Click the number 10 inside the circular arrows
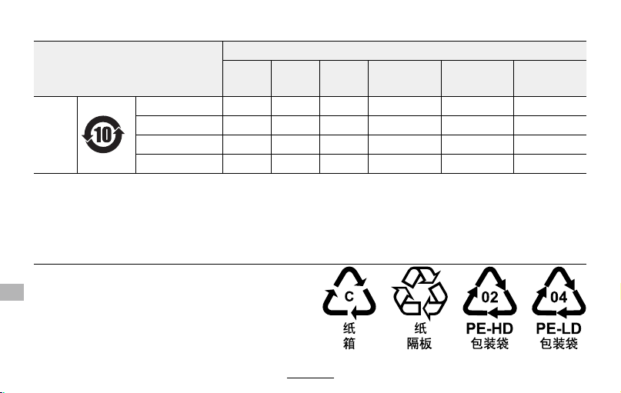[x=103, y=135]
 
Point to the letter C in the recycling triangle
[x=349, y=296]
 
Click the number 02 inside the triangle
[x=489, y=297]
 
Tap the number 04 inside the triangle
[x=559, y=297]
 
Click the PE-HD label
[x=489, y=328]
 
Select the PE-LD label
[x=559, y=328]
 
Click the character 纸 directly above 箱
[x=349, y=328]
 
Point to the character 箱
[x=349, y=343]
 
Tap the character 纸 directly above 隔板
[x=420, y=328]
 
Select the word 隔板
[x=419, y=343]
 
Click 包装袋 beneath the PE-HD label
[x=489, y=343]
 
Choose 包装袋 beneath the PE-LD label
[x=559, y=343]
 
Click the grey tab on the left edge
[x=12, y=292]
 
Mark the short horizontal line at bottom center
[x=311, y=378]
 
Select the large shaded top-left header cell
[x=129, y=68]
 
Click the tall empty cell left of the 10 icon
[x=55, y=135]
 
